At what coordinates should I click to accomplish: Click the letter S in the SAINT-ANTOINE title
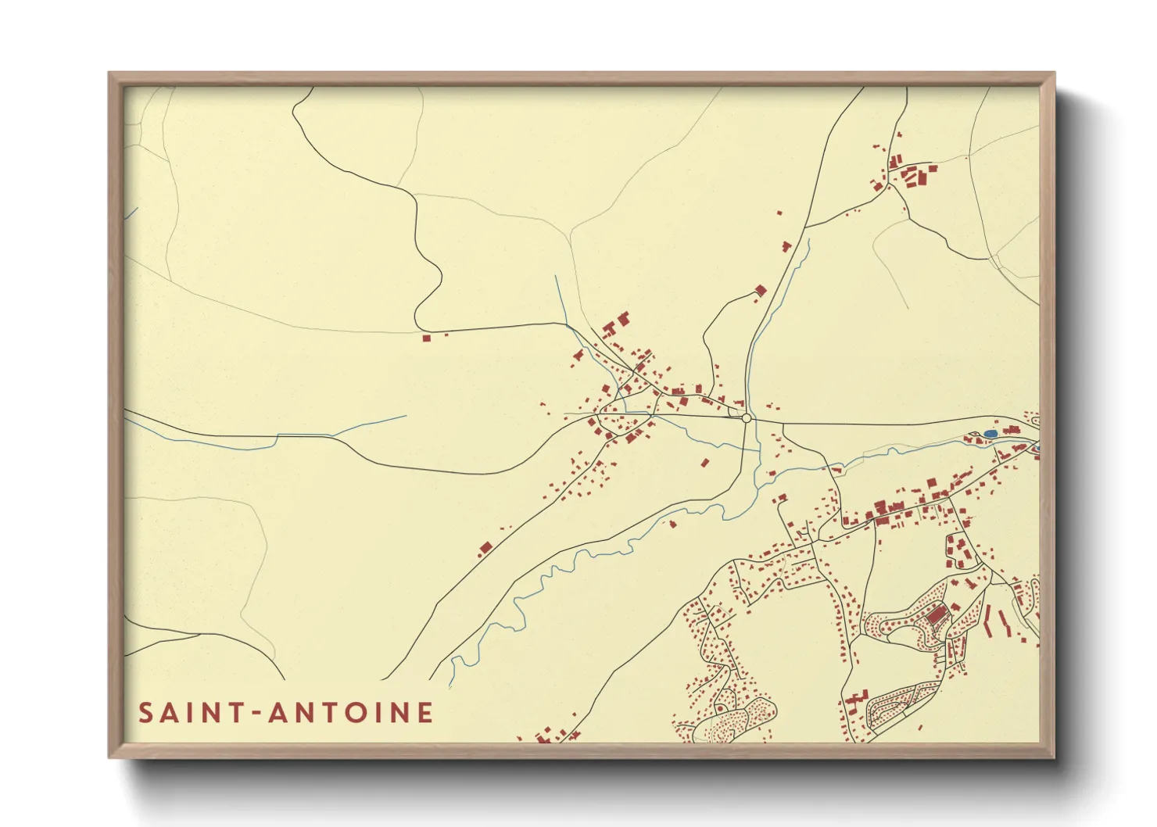(x=146, y=713)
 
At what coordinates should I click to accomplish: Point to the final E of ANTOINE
(x=424, y=713)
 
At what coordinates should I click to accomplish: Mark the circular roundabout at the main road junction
(x=747, y=418)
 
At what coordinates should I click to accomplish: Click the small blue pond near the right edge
(x=990, y=433)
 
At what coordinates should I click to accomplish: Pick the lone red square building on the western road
(x=426, y=338)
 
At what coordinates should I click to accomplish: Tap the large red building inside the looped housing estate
(x=936, y=615)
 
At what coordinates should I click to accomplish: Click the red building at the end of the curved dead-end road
(x=760, y=291)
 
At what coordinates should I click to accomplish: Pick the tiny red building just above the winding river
(x=672, y=524)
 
